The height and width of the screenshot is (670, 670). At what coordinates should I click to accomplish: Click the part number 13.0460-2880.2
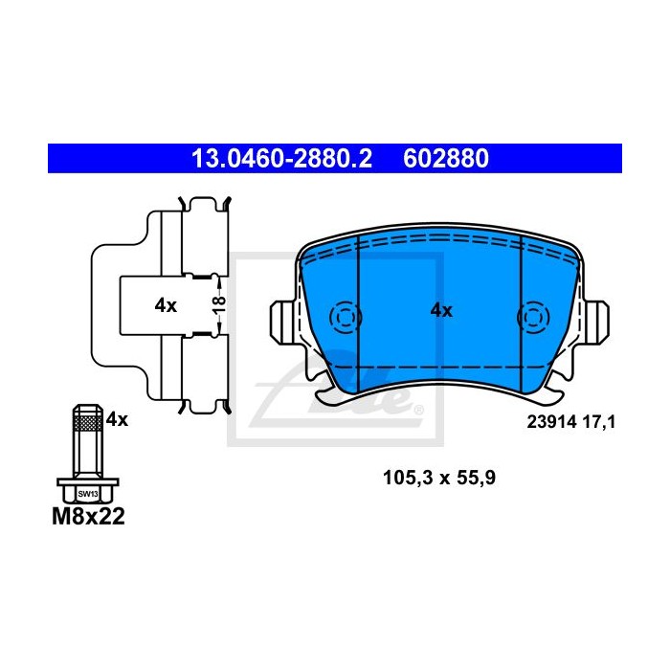(281, 159)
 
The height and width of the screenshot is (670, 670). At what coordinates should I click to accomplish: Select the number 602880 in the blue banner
(446, 159)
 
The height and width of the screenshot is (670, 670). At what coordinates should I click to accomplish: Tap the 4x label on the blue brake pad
(441, 311)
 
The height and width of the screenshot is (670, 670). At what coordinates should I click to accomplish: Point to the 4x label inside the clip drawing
(166, 305)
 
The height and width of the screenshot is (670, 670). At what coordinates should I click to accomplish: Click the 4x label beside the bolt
(117, 419)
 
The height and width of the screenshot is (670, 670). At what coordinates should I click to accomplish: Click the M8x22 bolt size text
(88, 516)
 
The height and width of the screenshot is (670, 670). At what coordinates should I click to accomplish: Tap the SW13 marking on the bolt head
(88, 495)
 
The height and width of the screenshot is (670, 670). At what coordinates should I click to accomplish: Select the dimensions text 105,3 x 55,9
(439, 478)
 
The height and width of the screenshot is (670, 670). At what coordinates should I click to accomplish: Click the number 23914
(552, 422)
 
